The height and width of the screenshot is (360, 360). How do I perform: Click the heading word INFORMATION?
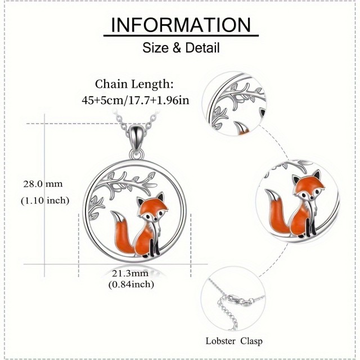pyautogui.click(x=179, y=25)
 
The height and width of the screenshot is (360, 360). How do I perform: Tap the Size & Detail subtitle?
pyautogui.click(x=180, y=47)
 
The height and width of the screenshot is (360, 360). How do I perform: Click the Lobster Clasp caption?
pyautogui.click(x=234, y=341)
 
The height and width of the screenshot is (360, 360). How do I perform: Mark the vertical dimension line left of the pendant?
pyautogui.click(x=77, y=191)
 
